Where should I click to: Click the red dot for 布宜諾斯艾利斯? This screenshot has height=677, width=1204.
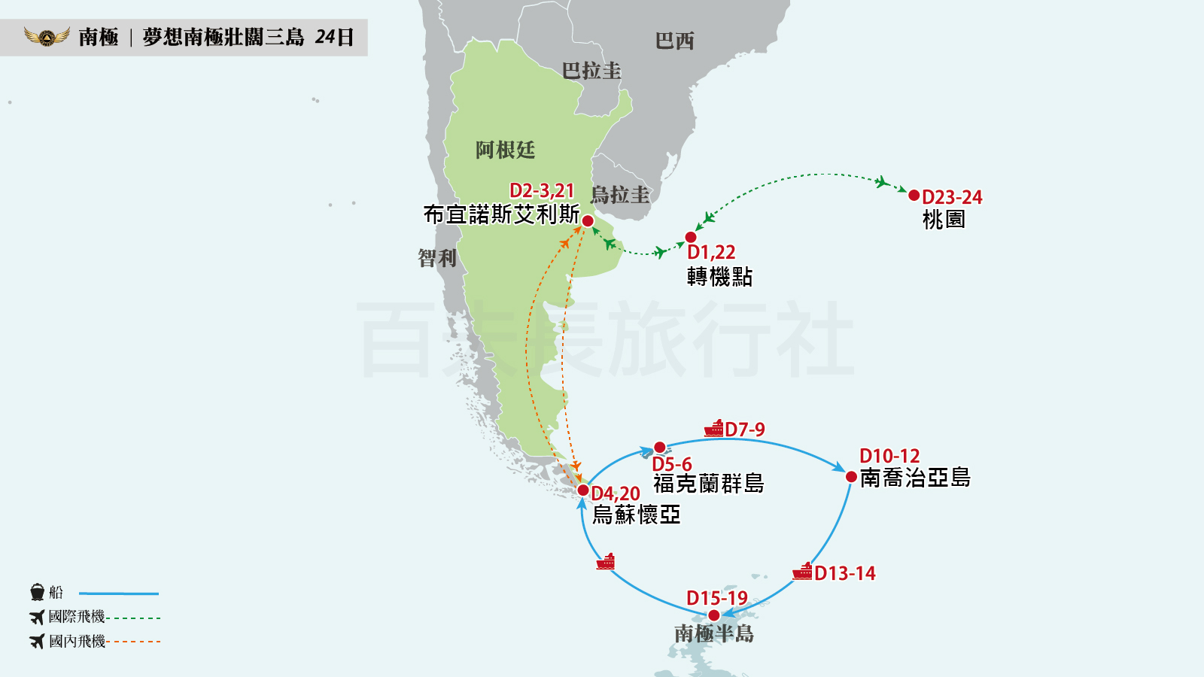588,221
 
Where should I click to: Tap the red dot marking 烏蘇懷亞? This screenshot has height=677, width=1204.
582,490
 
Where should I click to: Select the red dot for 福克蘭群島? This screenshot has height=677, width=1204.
659,448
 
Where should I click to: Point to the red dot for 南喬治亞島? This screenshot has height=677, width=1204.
851,477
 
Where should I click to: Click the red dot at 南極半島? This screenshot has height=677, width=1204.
714,615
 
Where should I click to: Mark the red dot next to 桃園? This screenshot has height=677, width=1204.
914,196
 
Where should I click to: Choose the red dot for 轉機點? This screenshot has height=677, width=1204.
691,238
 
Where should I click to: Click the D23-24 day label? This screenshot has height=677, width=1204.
952,197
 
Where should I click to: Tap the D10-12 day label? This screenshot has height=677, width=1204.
889,456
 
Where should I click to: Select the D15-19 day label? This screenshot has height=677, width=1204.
716,598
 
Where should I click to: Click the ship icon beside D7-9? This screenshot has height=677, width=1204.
713,429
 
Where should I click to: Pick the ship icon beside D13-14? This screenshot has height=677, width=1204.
802,572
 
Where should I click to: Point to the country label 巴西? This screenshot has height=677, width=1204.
674,41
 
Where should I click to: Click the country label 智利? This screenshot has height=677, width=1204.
437,258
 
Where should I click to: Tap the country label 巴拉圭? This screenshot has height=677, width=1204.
591,71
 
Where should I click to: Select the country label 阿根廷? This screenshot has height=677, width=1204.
505,150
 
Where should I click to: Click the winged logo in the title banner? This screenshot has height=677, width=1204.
47,36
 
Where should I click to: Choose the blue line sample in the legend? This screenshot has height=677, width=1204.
119,594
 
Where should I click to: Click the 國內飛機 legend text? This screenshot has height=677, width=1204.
77,641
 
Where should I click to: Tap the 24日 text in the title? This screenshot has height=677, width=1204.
334,37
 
